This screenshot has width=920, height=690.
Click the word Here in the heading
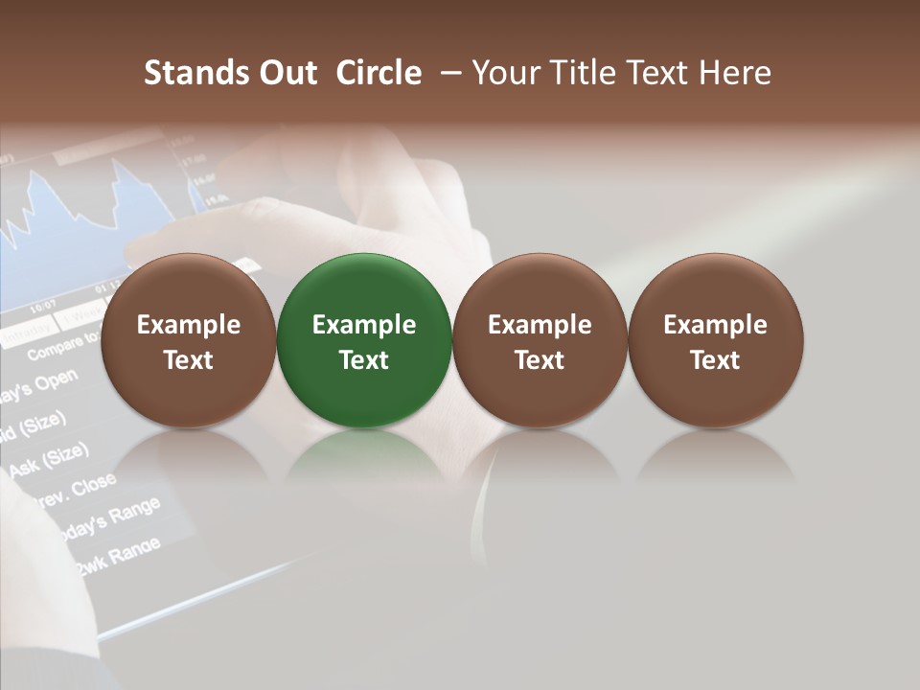pyautogui.click(x=734, y=73)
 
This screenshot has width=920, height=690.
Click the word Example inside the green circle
pyautogui.click(x=364, y=325)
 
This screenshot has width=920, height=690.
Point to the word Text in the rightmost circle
pyautogui.click(x=715, y=360)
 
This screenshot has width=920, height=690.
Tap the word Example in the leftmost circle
pyautogui.click(x=188, y=325)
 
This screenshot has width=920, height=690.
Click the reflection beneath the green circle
pyautogui.click(x=364, y=455)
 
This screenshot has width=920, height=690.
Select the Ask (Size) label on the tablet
pyautogui.click(x=48, y=457)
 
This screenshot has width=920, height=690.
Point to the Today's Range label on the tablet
pyautogui.click(x=105, y=521)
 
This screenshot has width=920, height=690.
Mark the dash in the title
pyautogui.click(x=447, y=73)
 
